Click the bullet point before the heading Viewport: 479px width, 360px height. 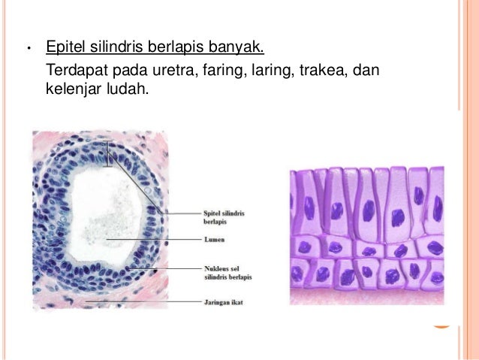(27, 51)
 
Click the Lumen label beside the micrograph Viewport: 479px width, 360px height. (214, 241)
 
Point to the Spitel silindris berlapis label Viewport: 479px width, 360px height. (224, 217)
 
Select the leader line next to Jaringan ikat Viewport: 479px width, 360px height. (143, 302)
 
